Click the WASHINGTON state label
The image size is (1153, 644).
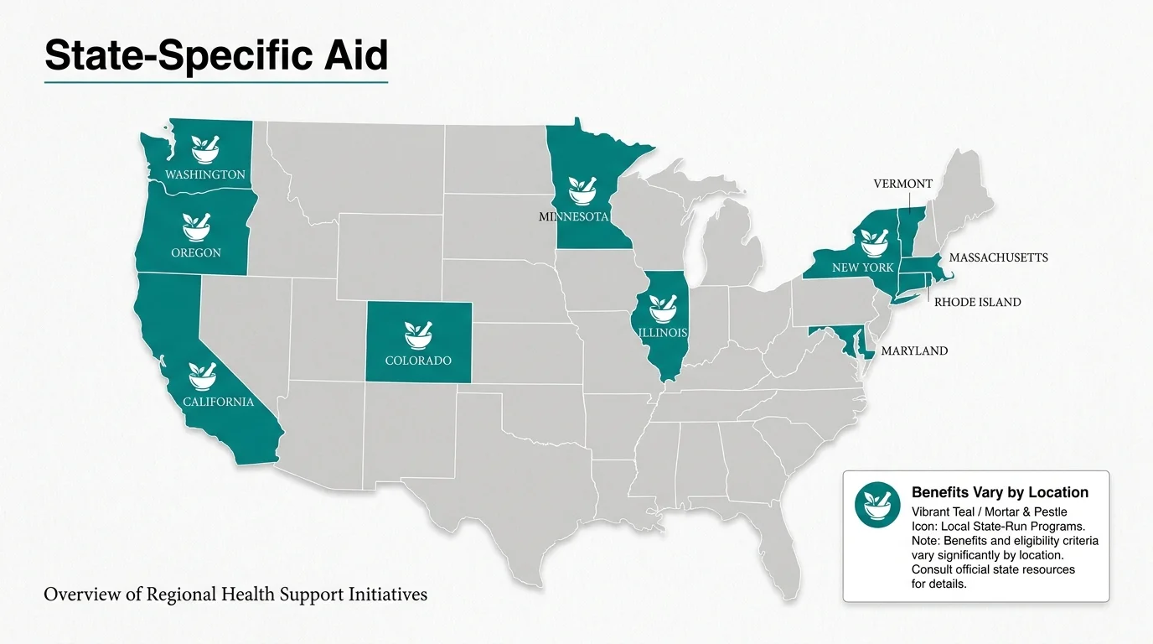pos(205,174)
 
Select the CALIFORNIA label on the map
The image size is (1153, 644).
pos(218,402)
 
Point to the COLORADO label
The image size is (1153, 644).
pos(418,361)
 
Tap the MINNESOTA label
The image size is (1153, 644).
pos(572,216)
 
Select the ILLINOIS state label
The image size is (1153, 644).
pos(663,333)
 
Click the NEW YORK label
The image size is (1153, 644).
pos(863,267)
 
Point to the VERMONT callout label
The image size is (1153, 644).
pos(902,184)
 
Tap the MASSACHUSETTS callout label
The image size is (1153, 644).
pos(998,257)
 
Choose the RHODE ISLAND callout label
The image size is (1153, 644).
pos(977,302)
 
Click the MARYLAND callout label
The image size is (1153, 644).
pos(914,351)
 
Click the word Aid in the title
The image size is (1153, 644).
pos(353,56)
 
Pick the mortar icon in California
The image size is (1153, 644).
pos(204,376)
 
